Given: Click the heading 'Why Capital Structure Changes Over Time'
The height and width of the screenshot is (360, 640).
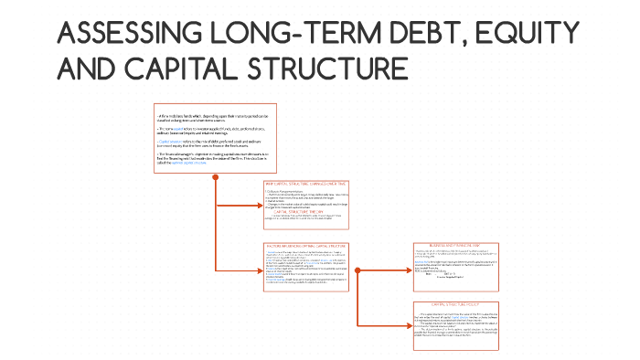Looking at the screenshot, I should click(x=306, y=185).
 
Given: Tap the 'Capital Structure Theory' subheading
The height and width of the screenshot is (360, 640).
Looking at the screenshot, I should click(x=306, y=211).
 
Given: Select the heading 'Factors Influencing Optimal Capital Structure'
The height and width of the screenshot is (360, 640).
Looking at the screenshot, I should click(x=306, y=246).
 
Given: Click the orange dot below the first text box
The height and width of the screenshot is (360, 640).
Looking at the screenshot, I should click(x=214, y=176).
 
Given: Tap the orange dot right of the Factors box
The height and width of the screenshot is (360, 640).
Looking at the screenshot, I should click(x=357, y=271).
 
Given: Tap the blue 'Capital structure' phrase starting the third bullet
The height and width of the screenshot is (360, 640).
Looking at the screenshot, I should click(x=171, y=143).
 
